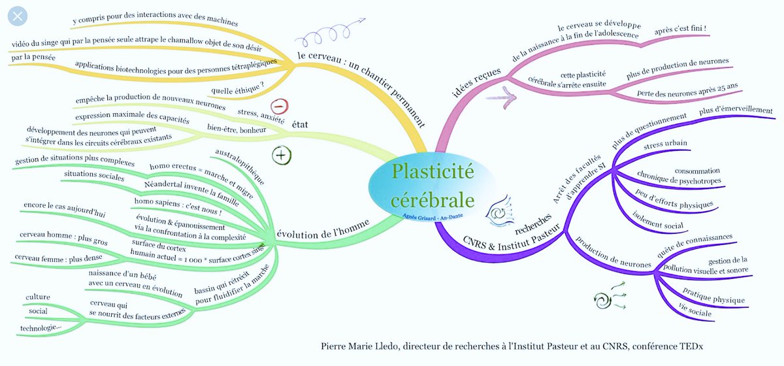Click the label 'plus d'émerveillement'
735,111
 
